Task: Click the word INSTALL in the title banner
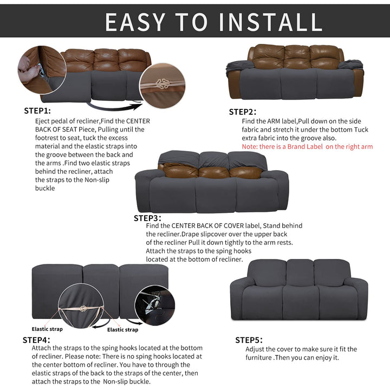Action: [x=270, y=22]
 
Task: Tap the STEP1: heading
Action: [x=37, y=110]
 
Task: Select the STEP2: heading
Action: [x=243, y=112]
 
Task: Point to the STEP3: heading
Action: [x=147, y=218]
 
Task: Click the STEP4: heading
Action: [x=36, y=340]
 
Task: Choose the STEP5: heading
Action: [x=249, y=340]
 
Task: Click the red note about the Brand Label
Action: [x=307, y=146]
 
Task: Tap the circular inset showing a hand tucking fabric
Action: [x=42, y=70]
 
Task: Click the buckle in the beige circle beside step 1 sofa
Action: [x=162, y=84]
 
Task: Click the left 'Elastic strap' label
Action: [x=47, y=329]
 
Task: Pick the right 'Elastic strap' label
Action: [x=122, y=329]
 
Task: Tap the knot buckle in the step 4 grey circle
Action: [x=83, y=309]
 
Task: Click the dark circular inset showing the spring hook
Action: [x=155, y=305]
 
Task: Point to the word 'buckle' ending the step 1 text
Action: [x=45, y=188]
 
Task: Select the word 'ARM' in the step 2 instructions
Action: [x=274, y=121]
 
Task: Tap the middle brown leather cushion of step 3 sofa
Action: [x=214, y=172]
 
